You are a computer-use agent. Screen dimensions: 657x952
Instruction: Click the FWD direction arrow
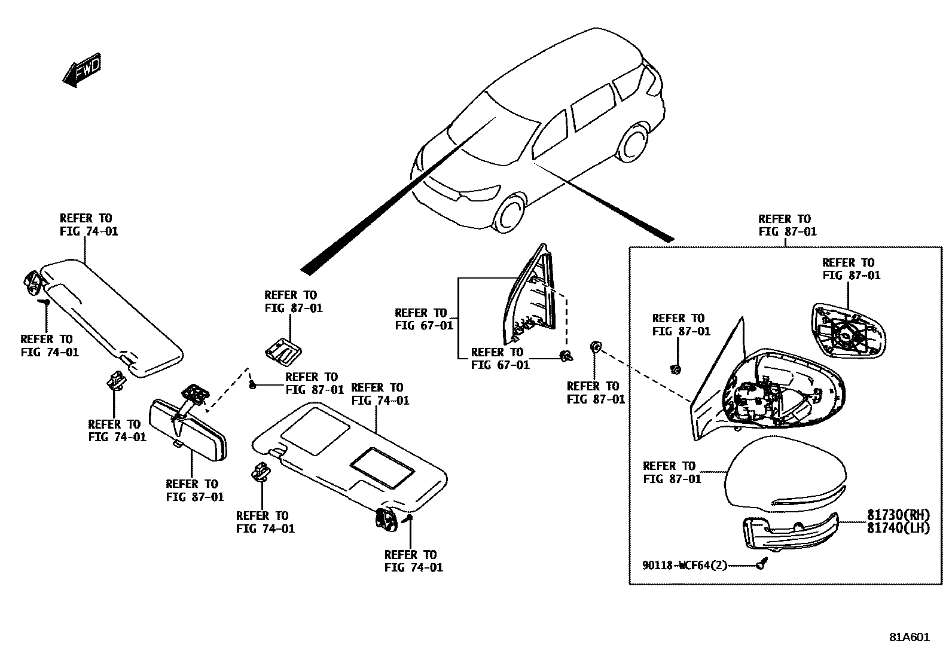pyautogui.click(x=82, y=71)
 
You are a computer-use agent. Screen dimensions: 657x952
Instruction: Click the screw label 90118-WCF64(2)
pyautogui.click(x=685, y=565)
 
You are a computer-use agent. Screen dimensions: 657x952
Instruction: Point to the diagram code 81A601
pyautogui.click(x=909, y=637)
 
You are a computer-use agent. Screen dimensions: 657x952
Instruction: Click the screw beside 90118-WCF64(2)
pyautogui.click(x=761, y=564)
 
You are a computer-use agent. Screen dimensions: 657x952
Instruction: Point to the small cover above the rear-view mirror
pyautogui.click(x=283, y=351)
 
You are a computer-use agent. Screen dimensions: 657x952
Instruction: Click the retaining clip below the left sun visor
pyautogui.click(x=117, y=380)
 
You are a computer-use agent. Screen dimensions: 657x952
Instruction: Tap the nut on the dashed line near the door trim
pyautogui.click(x=595, y=348)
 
